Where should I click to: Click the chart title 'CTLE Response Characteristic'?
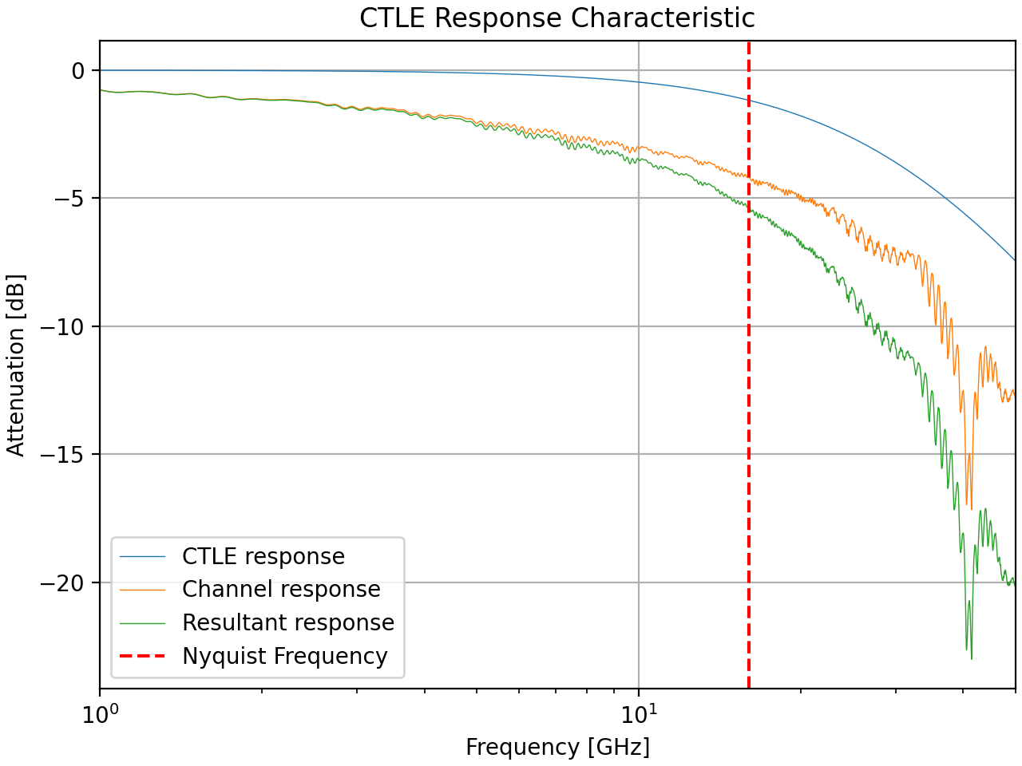click(557, 18)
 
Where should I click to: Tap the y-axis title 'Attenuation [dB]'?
click(16, 365)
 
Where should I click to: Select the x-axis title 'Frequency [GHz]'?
click(557, 748)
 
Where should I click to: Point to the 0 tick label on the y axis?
click(78, 71)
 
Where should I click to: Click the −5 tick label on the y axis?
click(69, 199)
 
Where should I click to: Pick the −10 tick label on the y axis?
click(64, 326)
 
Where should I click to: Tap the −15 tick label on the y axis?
click(64, 455)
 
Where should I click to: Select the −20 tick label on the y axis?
click(64, 583)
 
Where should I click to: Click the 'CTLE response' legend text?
click(263, 556)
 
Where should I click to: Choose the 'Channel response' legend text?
click(281, 590)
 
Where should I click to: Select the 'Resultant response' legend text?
click(288, 622)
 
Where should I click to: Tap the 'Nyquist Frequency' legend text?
click(285, 656)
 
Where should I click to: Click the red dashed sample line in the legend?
click(142, 656)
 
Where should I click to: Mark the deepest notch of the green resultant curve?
click(971, 658)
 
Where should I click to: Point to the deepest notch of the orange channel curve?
click(970, 508)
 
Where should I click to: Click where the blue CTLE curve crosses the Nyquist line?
click(749, 101)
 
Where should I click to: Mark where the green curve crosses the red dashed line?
click(749, 207)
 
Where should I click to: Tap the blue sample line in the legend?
click(142, 556)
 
